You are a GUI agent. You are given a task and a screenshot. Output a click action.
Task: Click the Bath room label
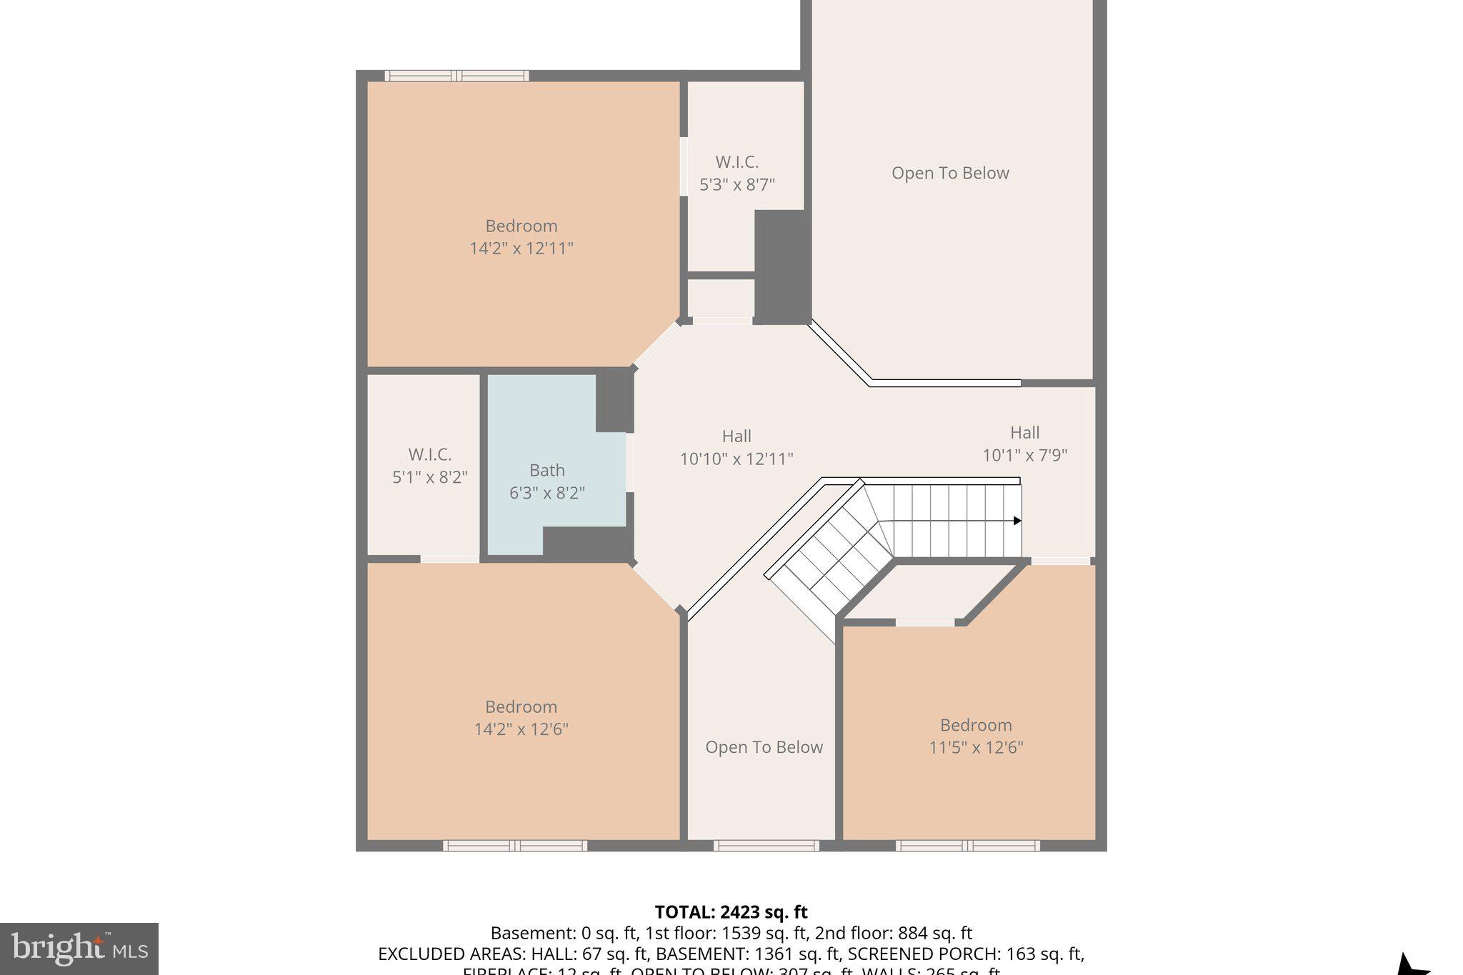point(546,471)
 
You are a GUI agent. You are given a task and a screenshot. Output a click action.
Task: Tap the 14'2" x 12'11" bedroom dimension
point(521,249)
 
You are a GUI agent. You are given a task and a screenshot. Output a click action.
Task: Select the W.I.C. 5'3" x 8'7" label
point(737,174)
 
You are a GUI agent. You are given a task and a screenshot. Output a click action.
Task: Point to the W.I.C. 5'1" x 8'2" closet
point(429,466)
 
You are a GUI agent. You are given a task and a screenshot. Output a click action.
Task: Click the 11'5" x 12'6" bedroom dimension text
point(976,748)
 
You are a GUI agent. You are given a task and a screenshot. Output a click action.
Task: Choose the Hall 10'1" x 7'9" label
point(1024,444)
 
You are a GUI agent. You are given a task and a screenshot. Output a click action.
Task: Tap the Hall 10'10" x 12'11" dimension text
point(736,459)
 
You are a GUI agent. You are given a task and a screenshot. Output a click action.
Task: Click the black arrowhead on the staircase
point(1017,521)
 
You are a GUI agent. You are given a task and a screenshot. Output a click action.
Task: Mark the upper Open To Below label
point(950,174)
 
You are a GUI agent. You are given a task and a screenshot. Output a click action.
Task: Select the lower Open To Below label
point(764,747)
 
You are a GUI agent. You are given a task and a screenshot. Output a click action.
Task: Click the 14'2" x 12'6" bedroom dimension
point(521,729)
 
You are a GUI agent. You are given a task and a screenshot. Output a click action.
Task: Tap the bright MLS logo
point(79,949)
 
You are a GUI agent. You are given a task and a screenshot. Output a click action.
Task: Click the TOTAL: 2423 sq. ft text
point(731,912)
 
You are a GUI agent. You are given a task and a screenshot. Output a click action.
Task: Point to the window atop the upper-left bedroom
point(456,76)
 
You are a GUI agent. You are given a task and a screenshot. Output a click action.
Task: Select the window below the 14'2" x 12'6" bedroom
point(515,846)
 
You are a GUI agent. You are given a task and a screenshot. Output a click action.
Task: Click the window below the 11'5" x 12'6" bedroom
point(968,846)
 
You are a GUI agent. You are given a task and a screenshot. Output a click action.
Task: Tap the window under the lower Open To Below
point(766,846)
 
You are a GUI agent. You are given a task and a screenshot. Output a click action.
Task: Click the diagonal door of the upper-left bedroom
point(656,345)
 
